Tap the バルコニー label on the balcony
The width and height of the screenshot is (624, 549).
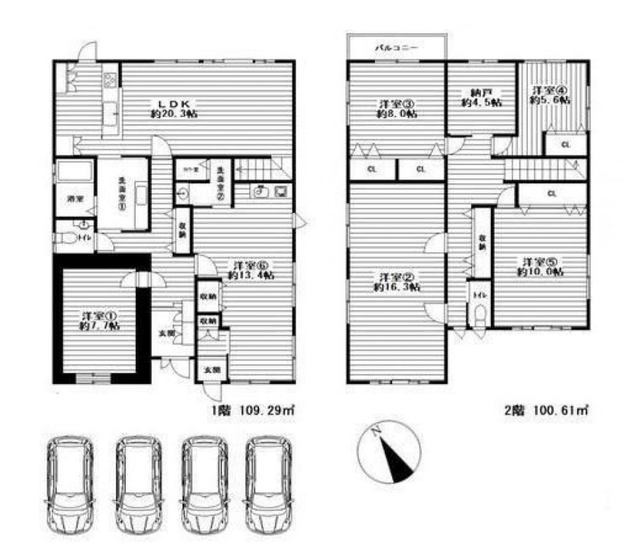click(396, 48)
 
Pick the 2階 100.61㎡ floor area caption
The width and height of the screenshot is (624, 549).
click(547, 409)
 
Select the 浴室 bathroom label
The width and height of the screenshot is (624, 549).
click(74, 198)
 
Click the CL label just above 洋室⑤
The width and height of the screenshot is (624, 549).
click(551, 193)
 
